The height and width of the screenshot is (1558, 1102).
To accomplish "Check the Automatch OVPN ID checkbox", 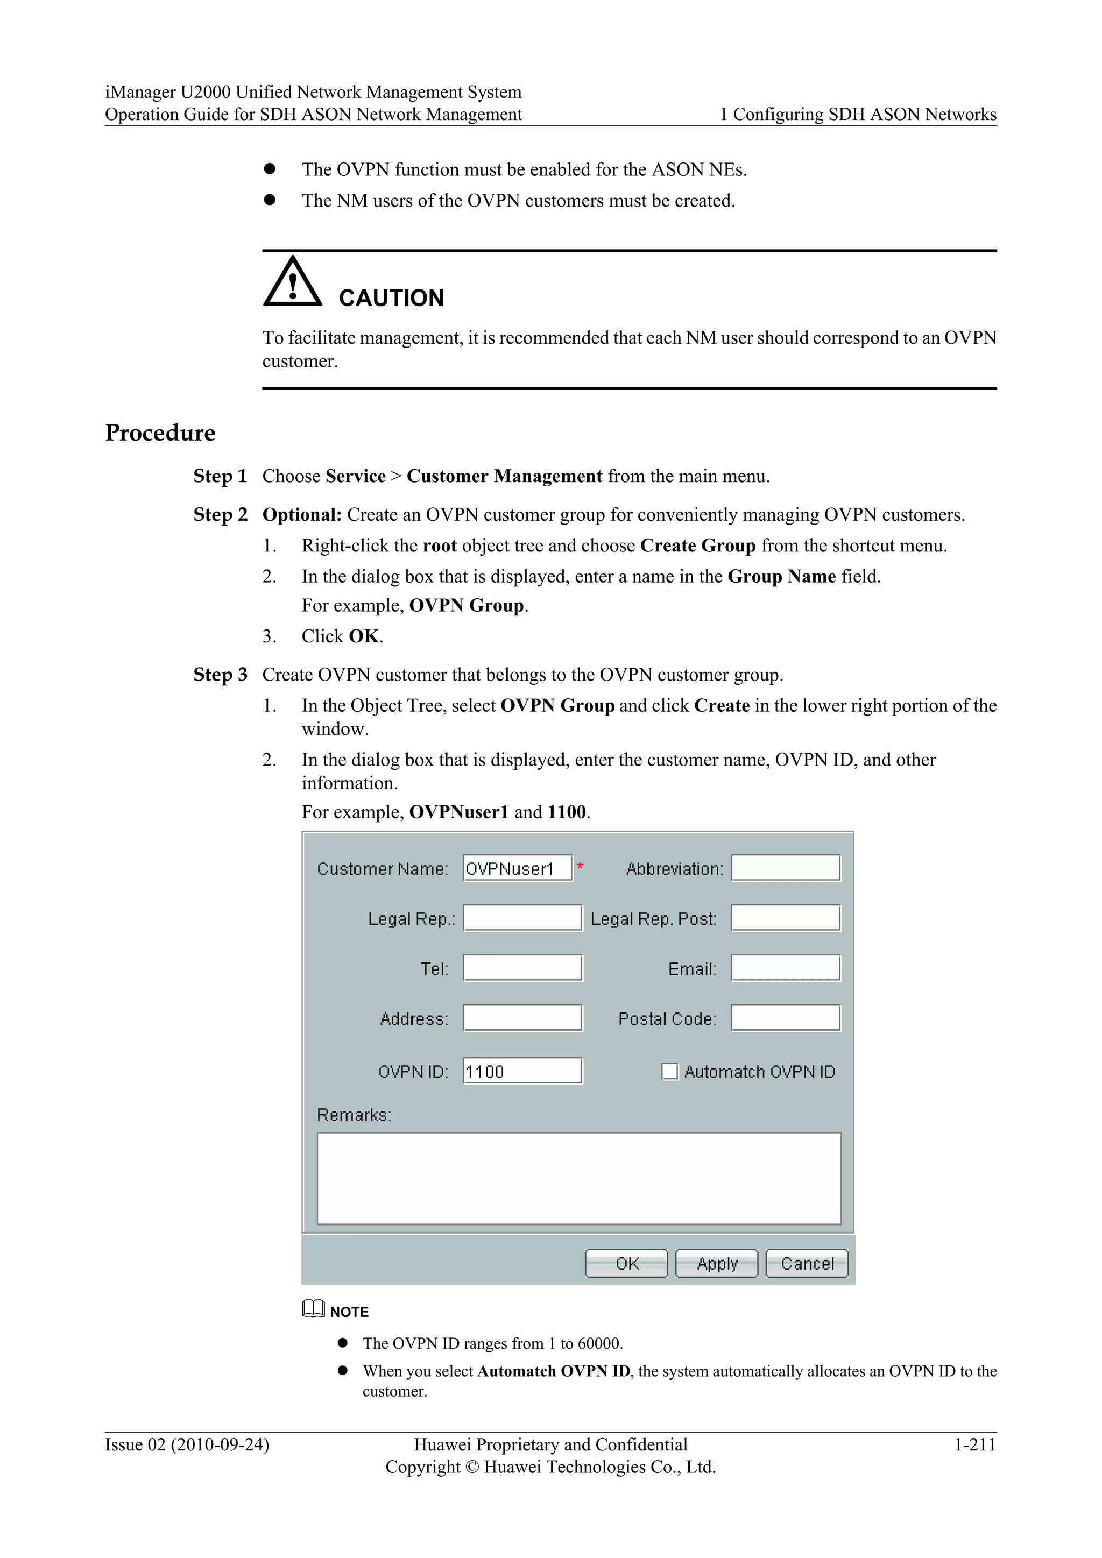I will pyautogui.click(x=670, y=1072).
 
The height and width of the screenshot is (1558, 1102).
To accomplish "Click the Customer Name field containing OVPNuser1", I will pyautogui.click(x=517, y=868).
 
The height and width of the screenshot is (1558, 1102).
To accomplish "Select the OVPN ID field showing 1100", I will pyautogui.click(x=522, y=1072).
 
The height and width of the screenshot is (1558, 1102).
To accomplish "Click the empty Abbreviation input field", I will pyautogui.click(x=786, y=868).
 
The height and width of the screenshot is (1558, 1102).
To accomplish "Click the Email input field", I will pyautogui.click(x=786, y=968).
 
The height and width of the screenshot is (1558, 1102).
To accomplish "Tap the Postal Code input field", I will pyautogui.click(x=786, y=1018).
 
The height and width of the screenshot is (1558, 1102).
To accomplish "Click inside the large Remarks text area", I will pyautogui.click(x=579, y=1179).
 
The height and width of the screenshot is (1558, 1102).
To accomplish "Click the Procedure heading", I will pyautogui.click(x=160, y=433).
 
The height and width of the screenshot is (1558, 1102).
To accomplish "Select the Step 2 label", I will pyautogui.click(x=220, y=515).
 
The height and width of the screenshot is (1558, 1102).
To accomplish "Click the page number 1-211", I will pyautogui.click(x=974, y=1444).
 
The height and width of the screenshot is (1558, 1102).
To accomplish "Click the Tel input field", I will pyautogui.click(x=522, y=968).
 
